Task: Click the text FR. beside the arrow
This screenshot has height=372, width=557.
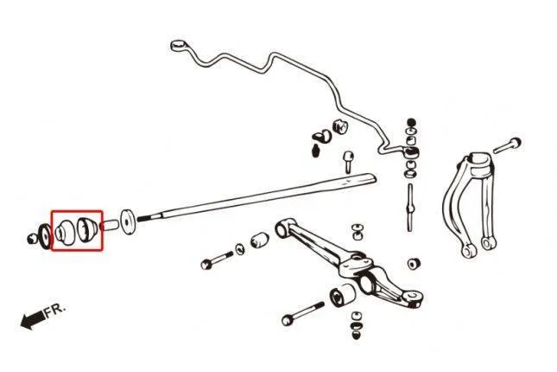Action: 55,310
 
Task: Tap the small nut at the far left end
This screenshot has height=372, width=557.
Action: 32,239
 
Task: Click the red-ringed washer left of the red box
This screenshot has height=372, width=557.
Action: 45,236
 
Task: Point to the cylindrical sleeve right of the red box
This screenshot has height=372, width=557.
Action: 109,226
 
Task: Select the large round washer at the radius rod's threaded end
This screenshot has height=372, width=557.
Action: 127,221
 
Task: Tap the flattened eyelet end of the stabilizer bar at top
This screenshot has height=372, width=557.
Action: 177,45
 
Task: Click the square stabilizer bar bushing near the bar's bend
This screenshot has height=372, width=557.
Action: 339,127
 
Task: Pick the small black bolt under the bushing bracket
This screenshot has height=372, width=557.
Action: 315,151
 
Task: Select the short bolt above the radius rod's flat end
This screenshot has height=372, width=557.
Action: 348,162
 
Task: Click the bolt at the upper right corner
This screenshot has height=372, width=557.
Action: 507,145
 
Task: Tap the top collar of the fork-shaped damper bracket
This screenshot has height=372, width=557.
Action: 481,162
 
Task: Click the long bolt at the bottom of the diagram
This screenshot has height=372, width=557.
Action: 302,313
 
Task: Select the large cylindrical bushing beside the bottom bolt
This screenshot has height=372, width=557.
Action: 342,295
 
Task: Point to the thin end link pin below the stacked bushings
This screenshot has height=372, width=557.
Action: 410,207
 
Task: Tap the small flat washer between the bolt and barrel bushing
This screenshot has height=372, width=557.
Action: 240,249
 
